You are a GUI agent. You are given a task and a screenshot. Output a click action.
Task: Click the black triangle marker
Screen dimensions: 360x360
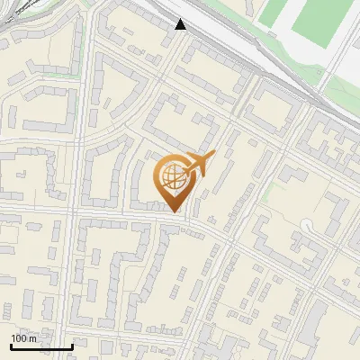click(x=181, y=25)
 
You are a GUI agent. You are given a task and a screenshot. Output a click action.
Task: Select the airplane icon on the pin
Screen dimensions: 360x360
click(x=196, y=166)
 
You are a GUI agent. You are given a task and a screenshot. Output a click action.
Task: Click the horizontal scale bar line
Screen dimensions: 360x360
click(x=40, y=346)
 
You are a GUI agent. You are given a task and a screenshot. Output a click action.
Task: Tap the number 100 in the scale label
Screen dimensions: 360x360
click(x=20, y=338)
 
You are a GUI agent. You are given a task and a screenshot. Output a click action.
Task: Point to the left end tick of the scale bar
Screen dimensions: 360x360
click(x=10, y=345)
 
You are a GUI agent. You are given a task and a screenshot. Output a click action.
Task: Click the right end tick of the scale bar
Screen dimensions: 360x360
click(x=72, y=345)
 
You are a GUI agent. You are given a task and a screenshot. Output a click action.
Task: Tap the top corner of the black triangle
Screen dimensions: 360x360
click(x=181, y=19)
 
